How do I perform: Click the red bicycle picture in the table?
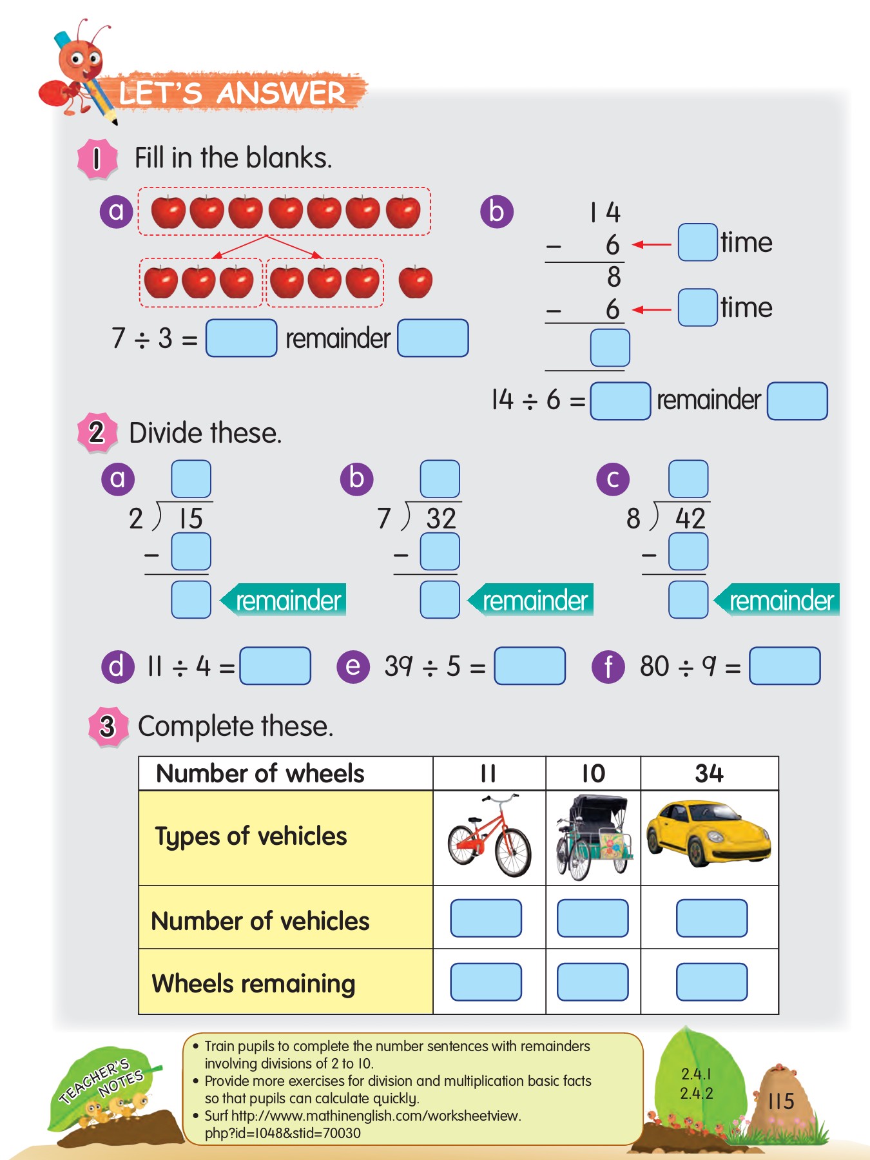(x=489, y=836)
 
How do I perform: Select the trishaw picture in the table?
(x=593, y=836)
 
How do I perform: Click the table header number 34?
(x=709, y=773)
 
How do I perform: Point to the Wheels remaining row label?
(x=253, y=983)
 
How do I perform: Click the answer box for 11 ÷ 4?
(x=275, y=666)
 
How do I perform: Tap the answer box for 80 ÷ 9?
(x=784, y=666)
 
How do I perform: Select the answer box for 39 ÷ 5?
(x=529, y=666)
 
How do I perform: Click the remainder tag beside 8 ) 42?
(x=780, y=600)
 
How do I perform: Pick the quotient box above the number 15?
(x=191, y=479)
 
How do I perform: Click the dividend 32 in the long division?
(x=441, y=519)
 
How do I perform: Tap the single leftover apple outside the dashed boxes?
(x=416, y=282)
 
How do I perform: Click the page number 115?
(x=781, y=1101)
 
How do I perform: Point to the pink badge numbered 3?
(x=108, y=726)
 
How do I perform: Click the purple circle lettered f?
(x=608, y=666)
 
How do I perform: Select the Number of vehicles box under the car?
(x=711, y=918)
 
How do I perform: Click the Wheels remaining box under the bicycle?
(x=486, y=981)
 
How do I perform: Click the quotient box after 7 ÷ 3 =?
(x=241, y=338)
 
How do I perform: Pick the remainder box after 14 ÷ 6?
(x=797, y=401)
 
